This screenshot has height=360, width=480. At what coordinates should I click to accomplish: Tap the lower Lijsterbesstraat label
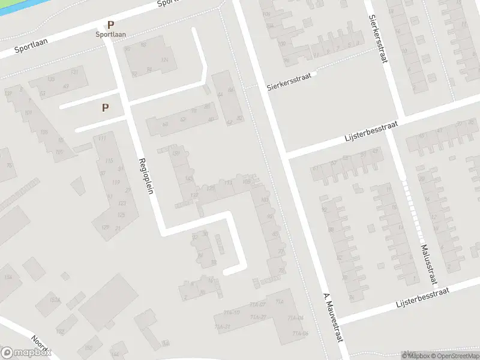pos(423,297)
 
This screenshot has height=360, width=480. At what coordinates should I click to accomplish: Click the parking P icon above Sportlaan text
pos(110,25)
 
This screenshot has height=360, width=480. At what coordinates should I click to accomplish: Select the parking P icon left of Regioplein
pos(106,108)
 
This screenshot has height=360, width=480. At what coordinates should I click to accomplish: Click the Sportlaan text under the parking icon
pos(110,34)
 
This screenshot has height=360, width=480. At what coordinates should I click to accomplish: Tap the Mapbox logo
pos(25,353)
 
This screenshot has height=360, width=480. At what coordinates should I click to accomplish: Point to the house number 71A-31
pos(223,327)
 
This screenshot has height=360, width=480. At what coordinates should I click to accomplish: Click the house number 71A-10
pos(232,312)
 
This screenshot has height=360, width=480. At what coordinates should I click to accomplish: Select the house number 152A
pos(55,300)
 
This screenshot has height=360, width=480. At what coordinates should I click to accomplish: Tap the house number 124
pos(164,60)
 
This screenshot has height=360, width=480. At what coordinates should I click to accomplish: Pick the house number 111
pos(101,139)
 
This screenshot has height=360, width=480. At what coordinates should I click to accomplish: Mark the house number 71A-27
pos(258,318)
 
